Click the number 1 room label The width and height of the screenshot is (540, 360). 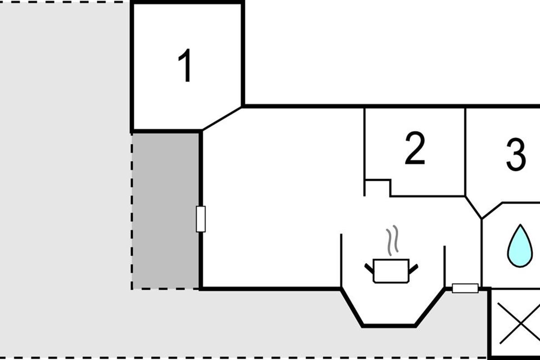[185, 66]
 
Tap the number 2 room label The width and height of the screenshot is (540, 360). [414, 149]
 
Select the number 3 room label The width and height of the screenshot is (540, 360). [516, 155]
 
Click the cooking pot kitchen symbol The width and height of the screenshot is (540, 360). [391, 270]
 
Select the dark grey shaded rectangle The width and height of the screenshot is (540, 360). [165, 211]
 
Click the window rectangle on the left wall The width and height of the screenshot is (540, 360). [201, 219]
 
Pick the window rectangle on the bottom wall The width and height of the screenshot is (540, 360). [465, 288]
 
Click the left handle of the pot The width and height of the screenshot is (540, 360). [369, 268]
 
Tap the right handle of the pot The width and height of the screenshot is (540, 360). [413, 268]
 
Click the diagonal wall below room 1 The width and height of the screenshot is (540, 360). [221, 119]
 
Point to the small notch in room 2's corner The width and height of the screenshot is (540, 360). [378, 187]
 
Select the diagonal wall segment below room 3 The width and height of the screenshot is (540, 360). [473, 207]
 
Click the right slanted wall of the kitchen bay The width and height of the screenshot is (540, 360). [430, 307]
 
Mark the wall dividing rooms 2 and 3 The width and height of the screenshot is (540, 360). [465, 151]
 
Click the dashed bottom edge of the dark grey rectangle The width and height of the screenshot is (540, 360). [165, 289]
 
